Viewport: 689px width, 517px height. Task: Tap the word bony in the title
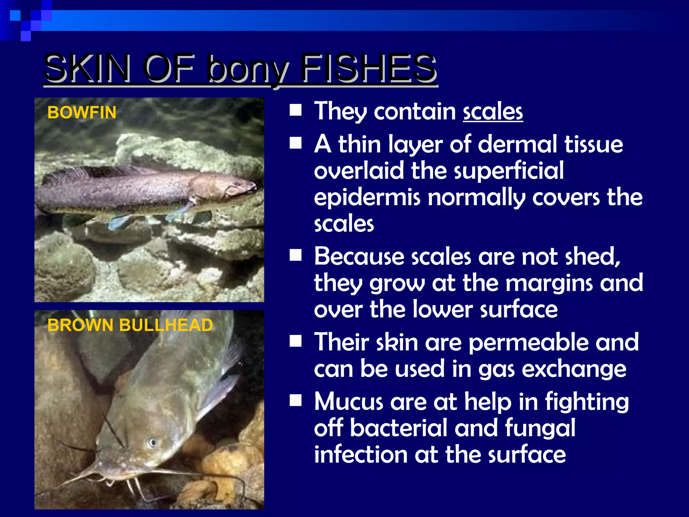(x=249, y=70)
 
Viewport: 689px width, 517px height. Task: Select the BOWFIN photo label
(x=82, y=112)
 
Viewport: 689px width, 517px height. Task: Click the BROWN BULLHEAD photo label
(x=130, y=325)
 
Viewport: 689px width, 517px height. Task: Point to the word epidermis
(x=367, y=198)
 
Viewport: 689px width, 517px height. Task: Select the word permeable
(x=529, y=343)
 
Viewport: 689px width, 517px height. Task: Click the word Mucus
(x=349, y=402)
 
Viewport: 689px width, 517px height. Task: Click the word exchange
(x=574, y=369)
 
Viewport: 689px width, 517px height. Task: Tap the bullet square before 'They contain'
(x=296, y=110)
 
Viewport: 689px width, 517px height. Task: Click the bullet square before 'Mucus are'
(x=296, y=401)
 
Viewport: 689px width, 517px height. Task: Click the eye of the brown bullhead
(x=152, y=442)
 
